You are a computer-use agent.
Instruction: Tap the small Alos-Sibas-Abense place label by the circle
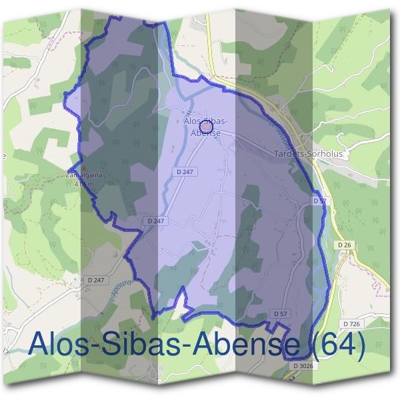(206, 127)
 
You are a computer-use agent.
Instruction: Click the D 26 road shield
(344, 245)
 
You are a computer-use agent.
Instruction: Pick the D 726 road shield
(351, 324)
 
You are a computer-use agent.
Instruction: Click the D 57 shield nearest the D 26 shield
(319, 200)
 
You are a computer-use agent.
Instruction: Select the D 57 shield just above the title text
(280, 313)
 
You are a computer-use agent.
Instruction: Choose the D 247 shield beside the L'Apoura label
(96, 280)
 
